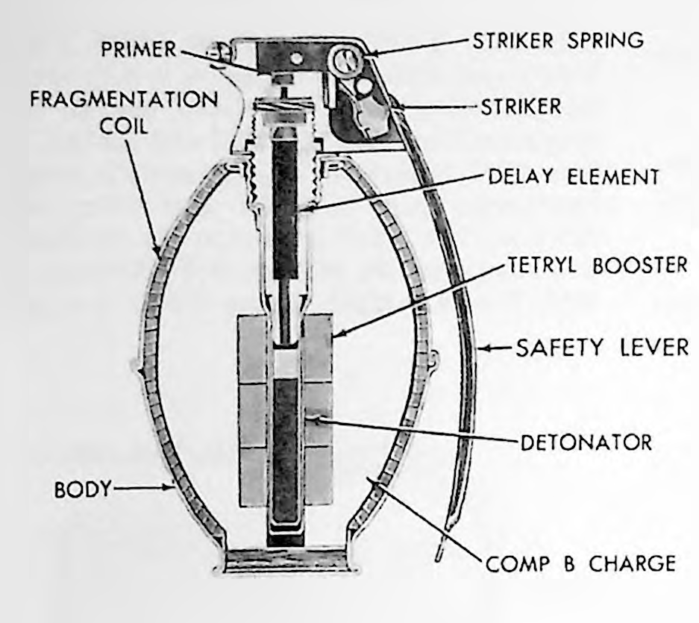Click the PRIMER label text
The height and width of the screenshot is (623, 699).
click(139, 49)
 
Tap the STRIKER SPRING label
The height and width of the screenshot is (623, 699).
click(558, 40)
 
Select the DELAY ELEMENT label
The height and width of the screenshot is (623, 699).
click(573, 177)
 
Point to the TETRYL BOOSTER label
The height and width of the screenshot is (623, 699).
click(598, 266)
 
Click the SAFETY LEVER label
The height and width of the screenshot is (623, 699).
click(602, 348)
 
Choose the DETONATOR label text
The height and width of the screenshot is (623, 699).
click(586, 442)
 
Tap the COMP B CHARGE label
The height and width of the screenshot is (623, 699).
click(580, 564)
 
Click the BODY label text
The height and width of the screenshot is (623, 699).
click(82, 489)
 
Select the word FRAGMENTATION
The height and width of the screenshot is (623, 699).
click(124, 99)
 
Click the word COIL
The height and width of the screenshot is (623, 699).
click(124, 127)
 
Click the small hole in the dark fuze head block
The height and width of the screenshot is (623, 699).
click(294, 58)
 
